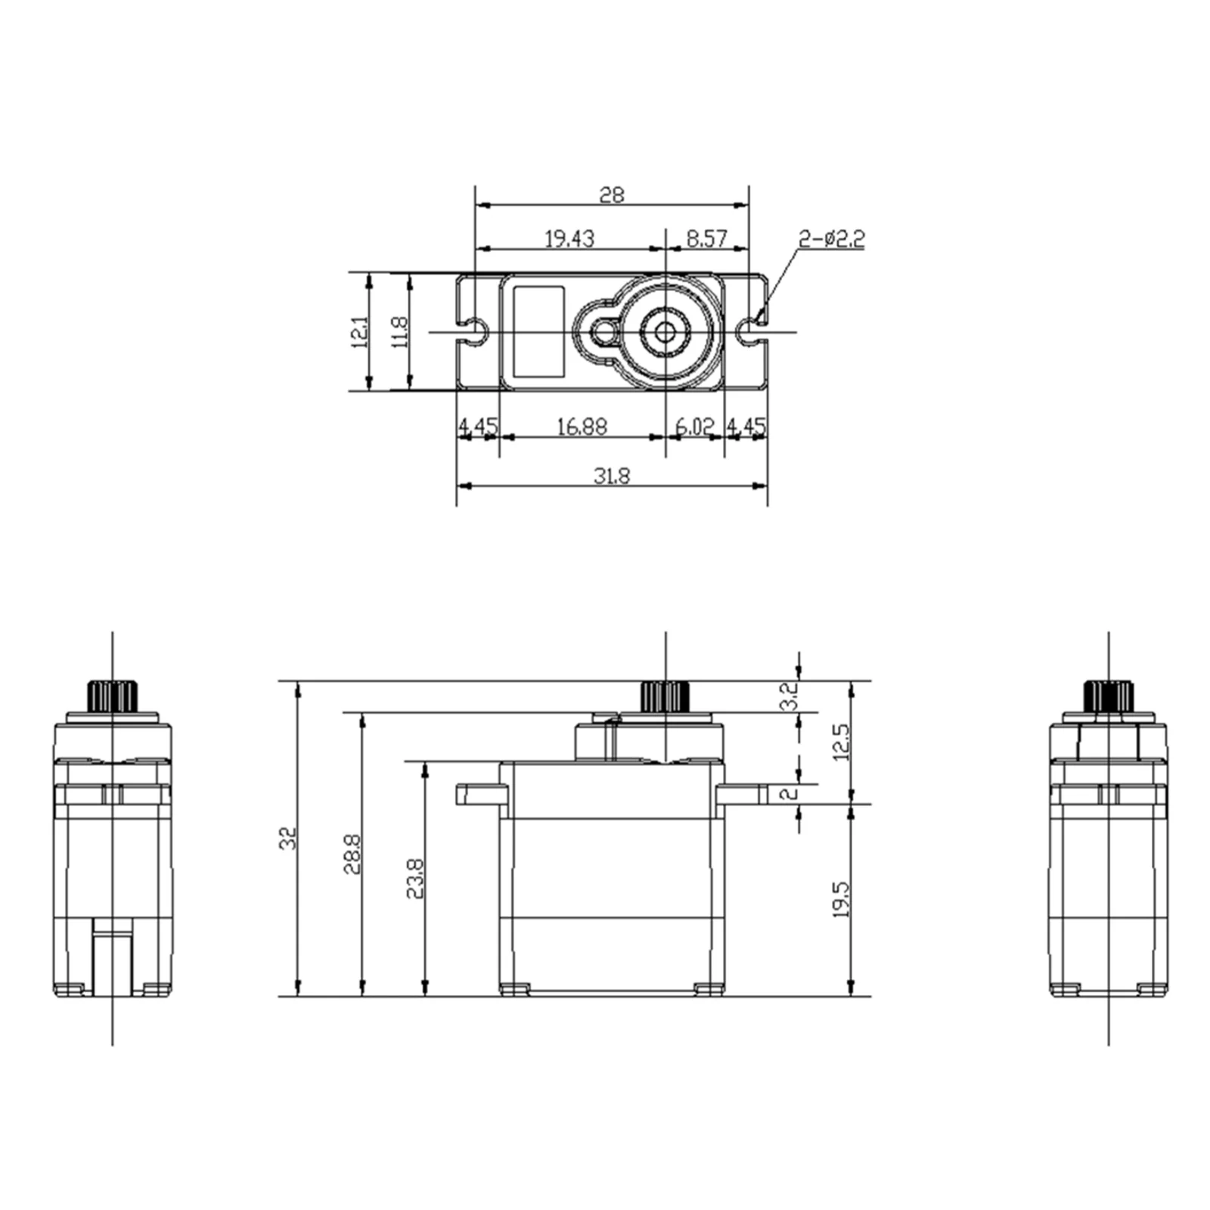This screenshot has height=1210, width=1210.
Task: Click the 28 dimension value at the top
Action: pyautogui.click(x=612, y=195)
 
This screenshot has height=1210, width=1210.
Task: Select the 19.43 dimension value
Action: pyautogui.click(x=569, y=239)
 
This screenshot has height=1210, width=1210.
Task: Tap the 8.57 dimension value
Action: pyautogui.click(x=706, y=239)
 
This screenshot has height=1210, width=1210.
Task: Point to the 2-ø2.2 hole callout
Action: pyautogui.click(x=832, y=240)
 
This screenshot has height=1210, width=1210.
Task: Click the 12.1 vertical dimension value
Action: pyautogui.click(x=360, y=331)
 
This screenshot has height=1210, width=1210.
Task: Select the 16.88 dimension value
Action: pyautogui.click(x=582, y=427)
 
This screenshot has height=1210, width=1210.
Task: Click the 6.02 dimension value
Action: pyautogui.click(x=694, y=427)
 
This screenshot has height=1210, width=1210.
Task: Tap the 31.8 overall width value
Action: pyautogui.click(x=612, y=476)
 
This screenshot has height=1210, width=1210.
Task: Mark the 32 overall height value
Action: pyautogui.click(x=289, y=838)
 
